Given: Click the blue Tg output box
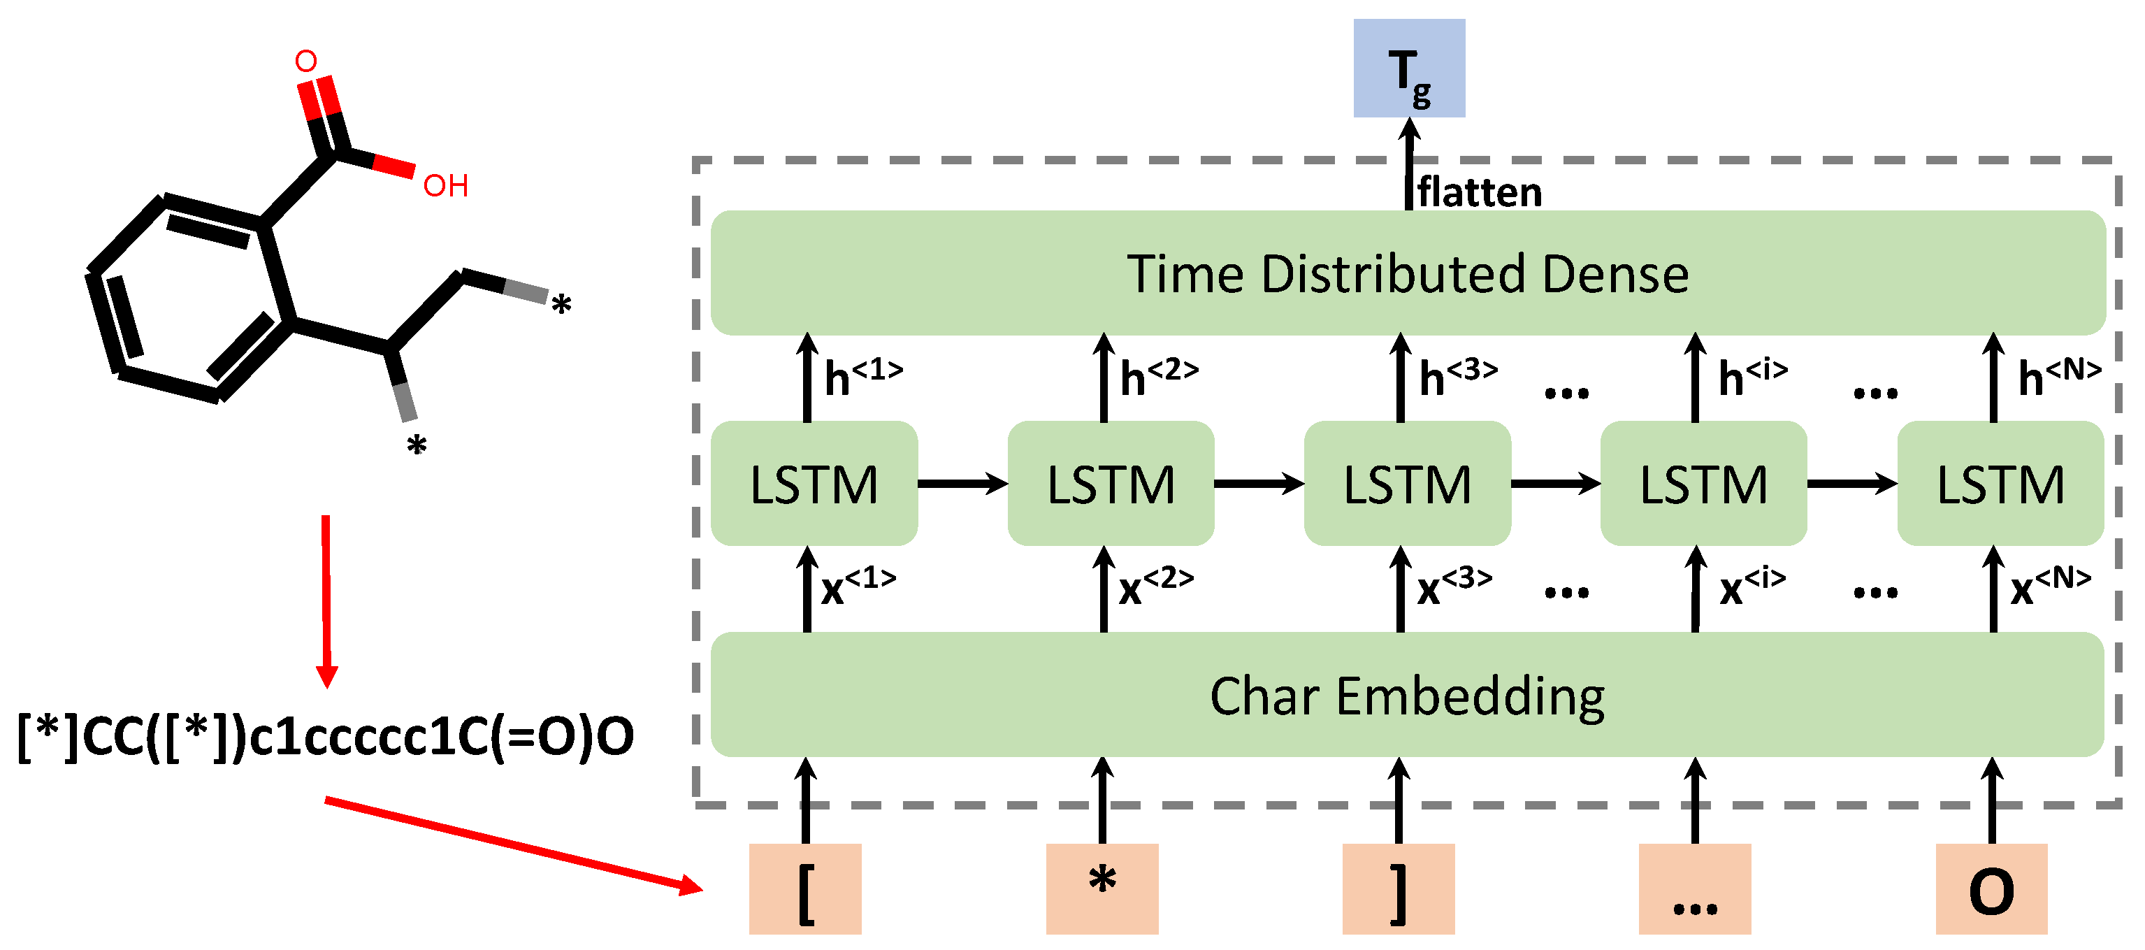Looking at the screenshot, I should coord(1409,69).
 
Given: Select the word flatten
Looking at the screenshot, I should coord(1479,192).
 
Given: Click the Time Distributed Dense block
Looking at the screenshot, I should coord(1407,273).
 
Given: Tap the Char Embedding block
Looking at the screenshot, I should coord(1407,696).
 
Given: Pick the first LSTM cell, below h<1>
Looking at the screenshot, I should coord(814,484).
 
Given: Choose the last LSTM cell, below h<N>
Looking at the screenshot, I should coord(2000,484).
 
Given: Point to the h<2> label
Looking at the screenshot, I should coord(1158,376).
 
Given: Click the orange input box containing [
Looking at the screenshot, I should coord(805,888).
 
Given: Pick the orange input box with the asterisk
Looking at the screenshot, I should coord(1102,888).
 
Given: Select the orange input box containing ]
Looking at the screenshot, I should coord(1398,888).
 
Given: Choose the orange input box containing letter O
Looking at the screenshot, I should coord(1991,888).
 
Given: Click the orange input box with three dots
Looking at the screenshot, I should coord(1694,888).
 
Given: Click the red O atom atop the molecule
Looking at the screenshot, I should coord(305,61).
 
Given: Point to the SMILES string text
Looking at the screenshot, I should coord(326,737).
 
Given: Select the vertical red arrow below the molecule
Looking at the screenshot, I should coord(326,600).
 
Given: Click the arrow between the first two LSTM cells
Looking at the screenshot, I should coord(962,483).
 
